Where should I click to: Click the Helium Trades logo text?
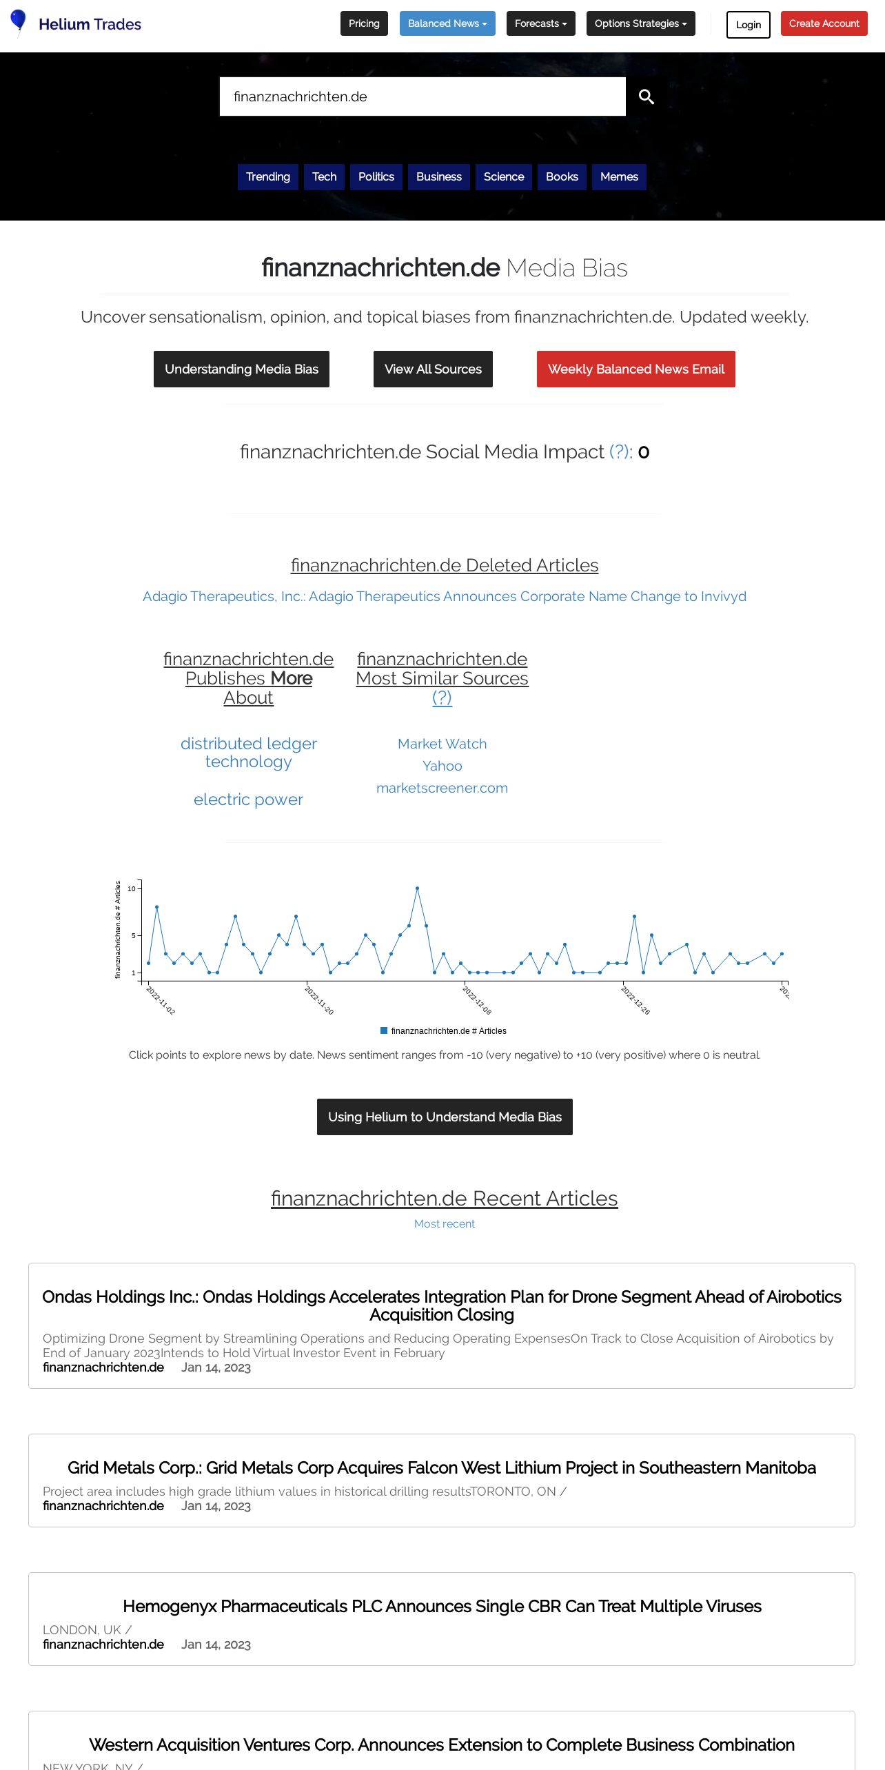[90, 24]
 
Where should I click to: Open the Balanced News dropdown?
[447, 23]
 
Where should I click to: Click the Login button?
[748, 25]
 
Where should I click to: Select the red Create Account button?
[824, 23]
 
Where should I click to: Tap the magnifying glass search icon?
[646, 96]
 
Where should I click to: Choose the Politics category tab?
[376, 177]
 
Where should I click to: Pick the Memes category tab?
[619, 177]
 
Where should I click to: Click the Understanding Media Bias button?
[241, 369]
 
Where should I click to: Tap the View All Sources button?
[433, 369]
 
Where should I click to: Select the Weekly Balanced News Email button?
[635, 369]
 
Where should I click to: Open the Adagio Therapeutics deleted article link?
[444, 597]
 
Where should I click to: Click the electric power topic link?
[248, 800]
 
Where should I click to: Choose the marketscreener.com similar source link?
[442, 789]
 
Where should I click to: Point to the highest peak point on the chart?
[417, 888]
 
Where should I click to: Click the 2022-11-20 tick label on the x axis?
[319, 1001]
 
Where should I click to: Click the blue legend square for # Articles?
[384, 1031]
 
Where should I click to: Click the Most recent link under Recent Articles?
[444, 1224]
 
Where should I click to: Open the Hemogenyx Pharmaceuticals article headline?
[442, 1607]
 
